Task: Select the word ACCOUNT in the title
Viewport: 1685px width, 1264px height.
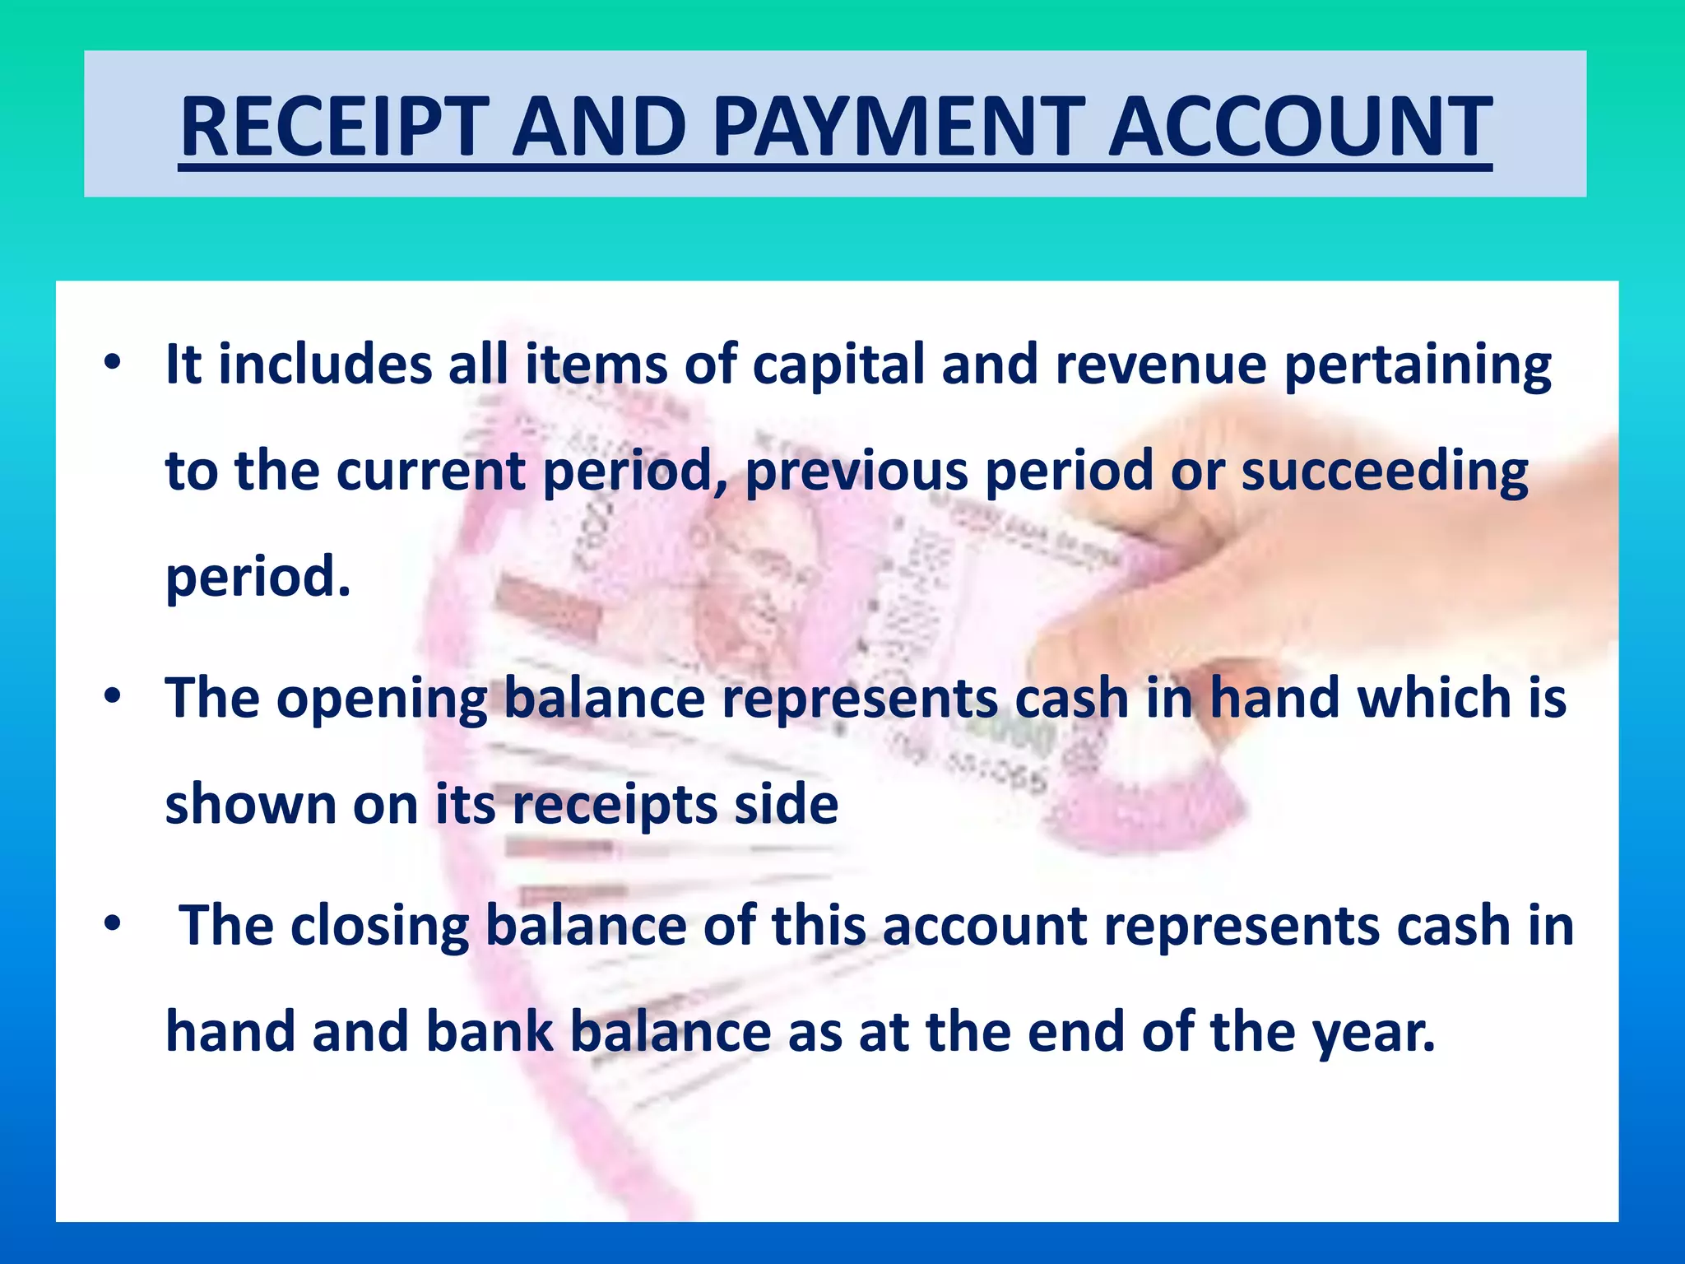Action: click(1300, 127)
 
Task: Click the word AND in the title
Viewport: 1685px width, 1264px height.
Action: click(599, 127)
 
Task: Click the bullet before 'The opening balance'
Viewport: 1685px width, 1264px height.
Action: click(113, 696)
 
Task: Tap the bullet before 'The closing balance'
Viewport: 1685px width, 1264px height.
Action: click(113, 924)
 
